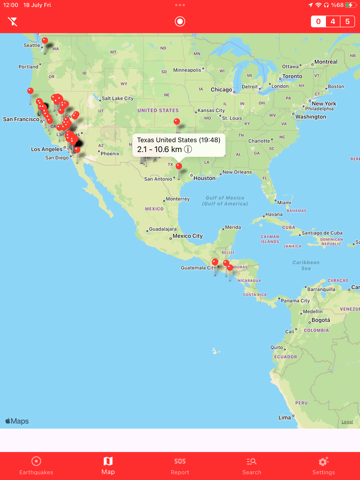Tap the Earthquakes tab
click(x=36, y=465)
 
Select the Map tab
click(x=108, y=465)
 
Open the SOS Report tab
click(x=180, y=465)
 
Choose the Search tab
click(x=252, y=465)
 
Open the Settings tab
click(x=323, y=465)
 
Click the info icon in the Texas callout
click(x=188, y=150)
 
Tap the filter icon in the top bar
click(x=14, y=21)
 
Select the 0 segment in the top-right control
click(x=319, y=21)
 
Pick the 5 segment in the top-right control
click(x=347, y=21)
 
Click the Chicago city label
click(x=221, y=88)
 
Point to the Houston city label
click(x=204, y=178)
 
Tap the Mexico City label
click(x=188, y=236)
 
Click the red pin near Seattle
click(x=44, y=40)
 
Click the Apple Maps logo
click(x=17, y=421)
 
